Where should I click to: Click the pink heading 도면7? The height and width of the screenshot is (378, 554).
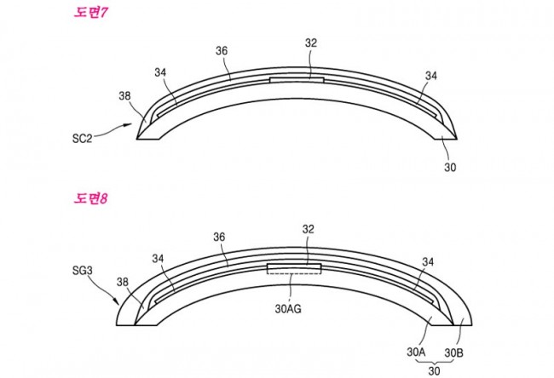(x=90, y=13)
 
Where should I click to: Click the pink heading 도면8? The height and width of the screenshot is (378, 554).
(x=90, y=198)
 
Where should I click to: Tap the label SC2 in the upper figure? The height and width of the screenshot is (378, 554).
(x=82, y=139)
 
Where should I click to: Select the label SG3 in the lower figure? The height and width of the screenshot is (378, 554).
(x=83, y=271)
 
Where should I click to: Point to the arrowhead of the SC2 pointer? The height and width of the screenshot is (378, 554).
(x=129, y=124)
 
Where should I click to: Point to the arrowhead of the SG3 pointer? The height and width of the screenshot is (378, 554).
(x=116, y=301)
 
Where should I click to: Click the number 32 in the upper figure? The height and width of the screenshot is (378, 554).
(x=311, y=43)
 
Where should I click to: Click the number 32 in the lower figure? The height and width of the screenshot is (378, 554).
(x=308, y=229)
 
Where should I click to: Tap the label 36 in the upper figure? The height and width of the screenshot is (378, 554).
(x=222, y=51)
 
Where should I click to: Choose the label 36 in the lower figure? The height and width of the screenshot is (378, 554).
(x=219, y=237)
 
